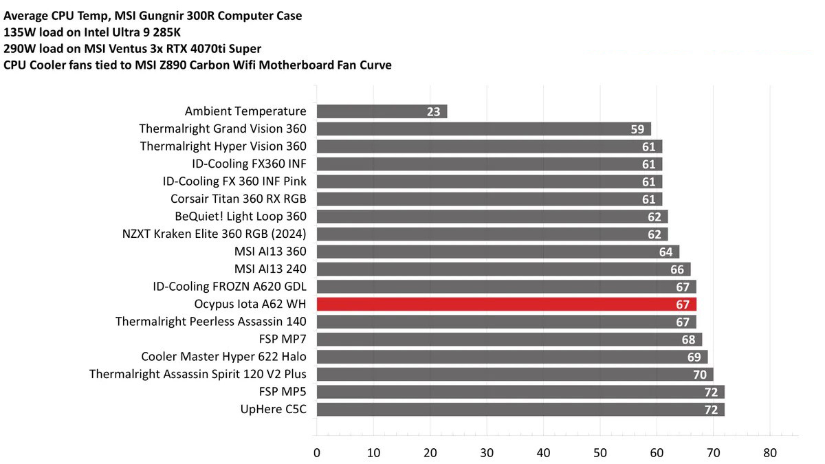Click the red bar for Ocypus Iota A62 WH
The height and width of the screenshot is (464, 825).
(x=506, y=304)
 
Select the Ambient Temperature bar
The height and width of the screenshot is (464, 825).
(x=382, y=111)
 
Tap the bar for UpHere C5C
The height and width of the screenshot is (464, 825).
(x=520, y=410)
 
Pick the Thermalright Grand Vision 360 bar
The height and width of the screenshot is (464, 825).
(x=483, y=129)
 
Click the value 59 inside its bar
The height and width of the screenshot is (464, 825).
(x=637, y=129)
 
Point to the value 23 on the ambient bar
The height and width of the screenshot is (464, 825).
(x=433, y=111)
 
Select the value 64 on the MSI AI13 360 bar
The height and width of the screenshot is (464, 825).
(x=665, y=252)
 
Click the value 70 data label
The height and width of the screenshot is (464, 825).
(x=700, y=375)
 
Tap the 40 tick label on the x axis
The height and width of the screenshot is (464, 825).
(x=543, y=453)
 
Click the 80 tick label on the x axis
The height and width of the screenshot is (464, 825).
(x=770, y=453)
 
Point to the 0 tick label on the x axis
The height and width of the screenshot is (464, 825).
(x=316, y=453)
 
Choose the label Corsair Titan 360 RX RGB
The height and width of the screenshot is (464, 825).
(x=238, y=199)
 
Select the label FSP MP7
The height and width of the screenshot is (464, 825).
(x=284, y=339)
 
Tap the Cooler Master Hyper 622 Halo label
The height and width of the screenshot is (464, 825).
(x=223, y=356)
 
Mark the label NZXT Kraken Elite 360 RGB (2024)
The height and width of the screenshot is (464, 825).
(x=214, y=234)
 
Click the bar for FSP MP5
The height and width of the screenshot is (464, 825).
(x=520, y=392)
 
